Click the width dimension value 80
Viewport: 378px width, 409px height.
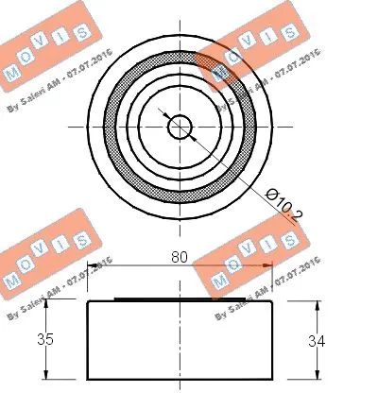(x=179, y=256)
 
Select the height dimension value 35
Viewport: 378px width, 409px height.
(x=44, y=339)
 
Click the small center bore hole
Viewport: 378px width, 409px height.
(x=179, y=126)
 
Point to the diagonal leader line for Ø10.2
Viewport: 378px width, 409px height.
(x=227, y=170)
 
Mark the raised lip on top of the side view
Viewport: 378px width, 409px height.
(x=179, y=301)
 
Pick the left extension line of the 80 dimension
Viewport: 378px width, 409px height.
(x=86, y=283)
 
